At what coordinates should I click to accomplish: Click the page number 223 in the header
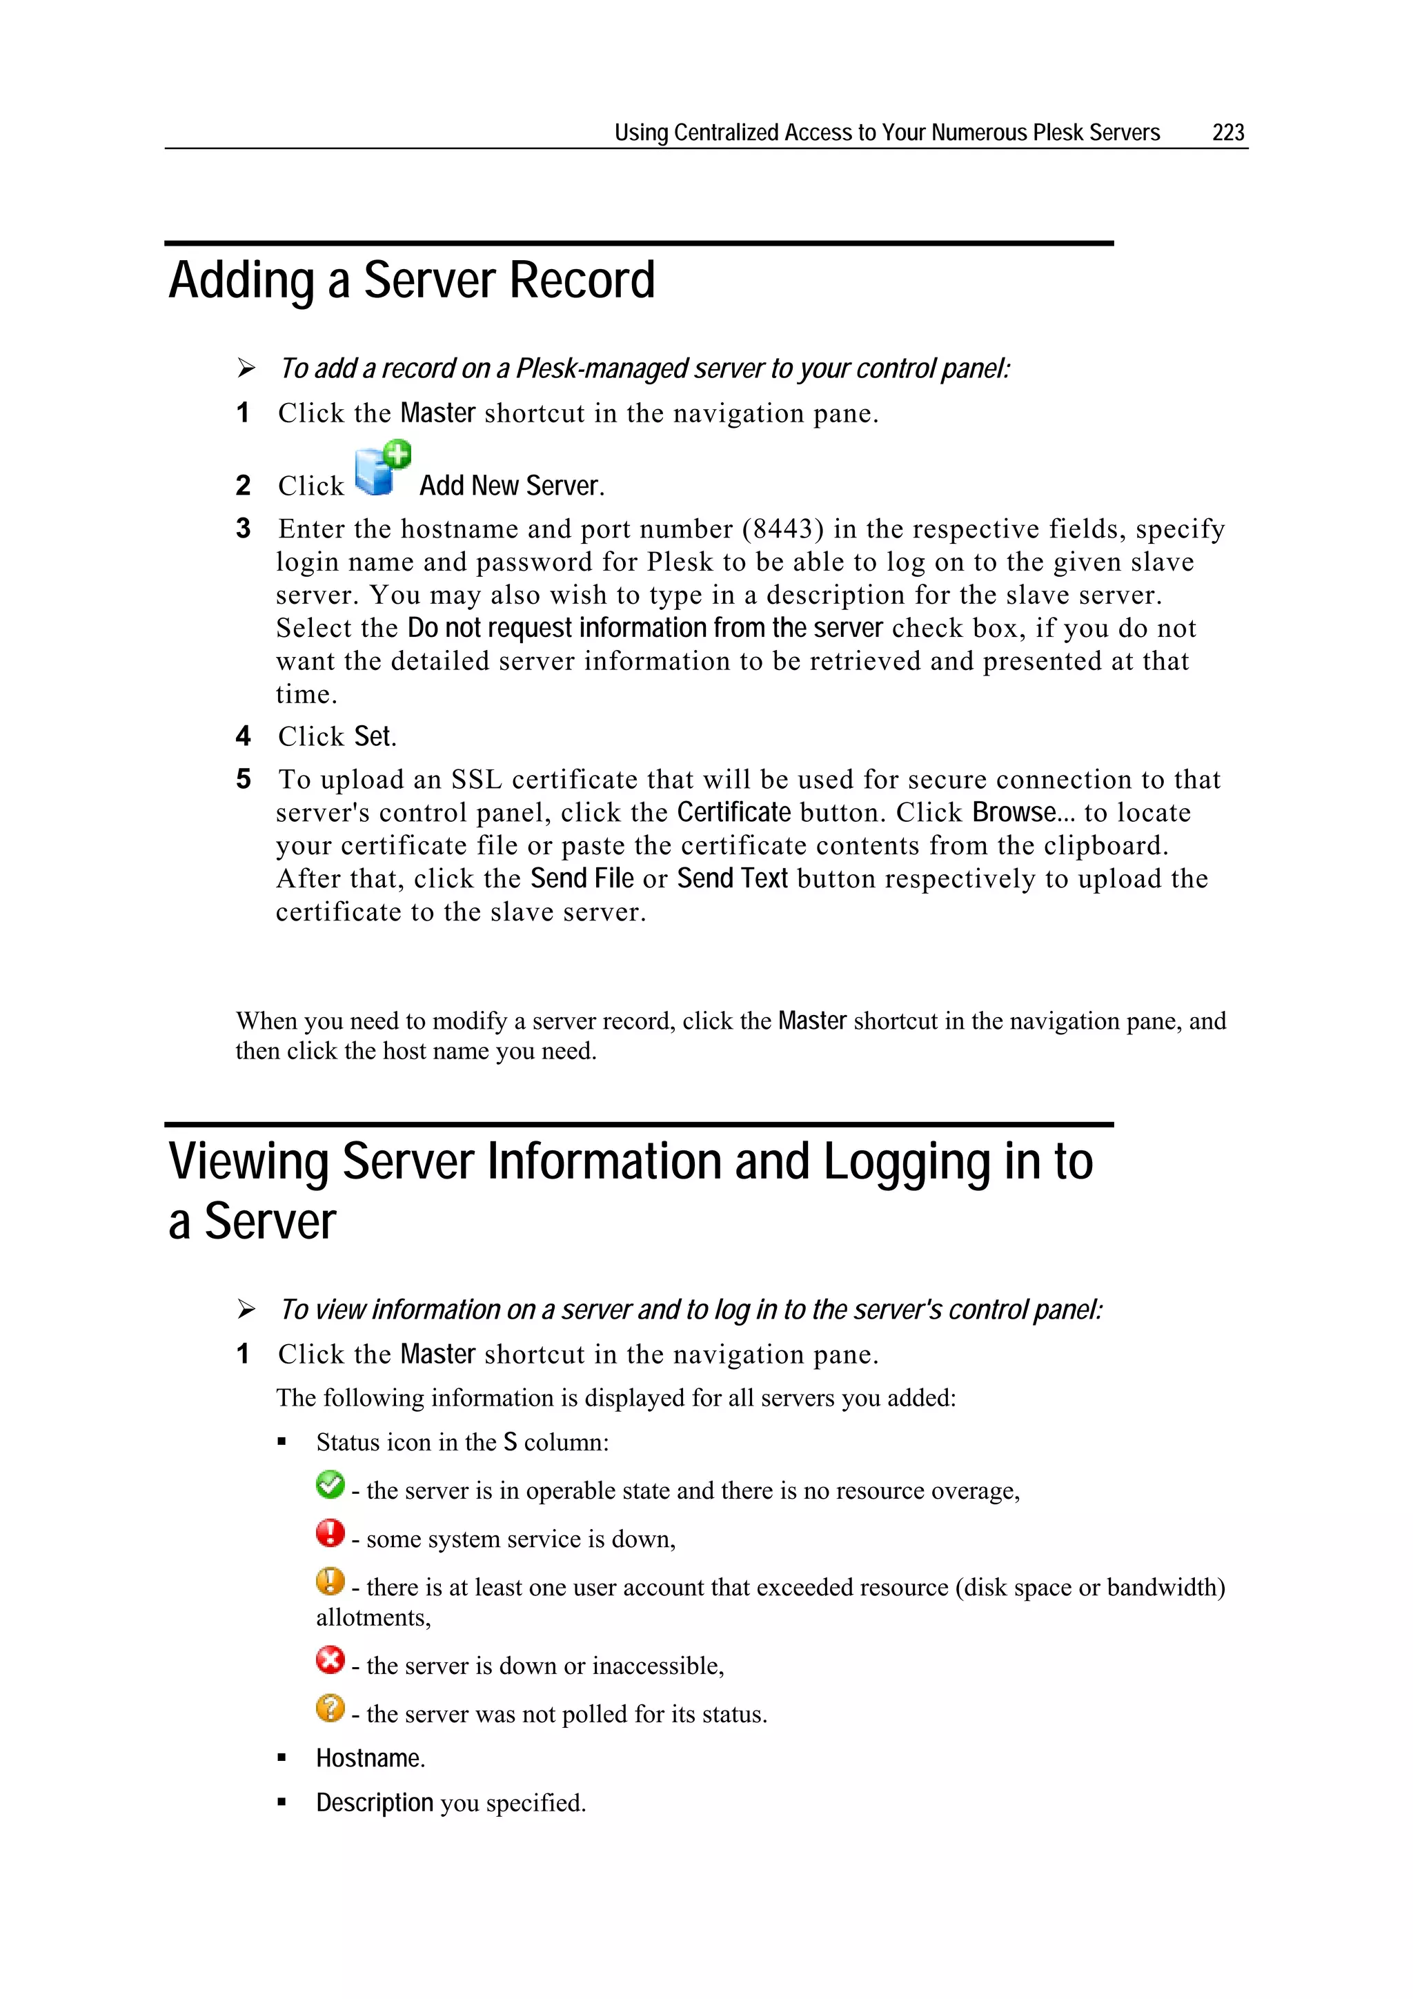[x=1227, y=132]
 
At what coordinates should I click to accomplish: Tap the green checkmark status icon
[x=330, y=1484]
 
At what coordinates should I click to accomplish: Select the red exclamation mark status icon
[x=330, y=1533]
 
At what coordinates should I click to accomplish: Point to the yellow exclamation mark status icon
[x=330, y=1581]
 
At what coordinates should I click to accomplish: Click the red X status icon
[x=330, y=1660]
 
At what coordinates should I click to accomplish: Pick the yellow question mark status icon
[x=330, y=1707]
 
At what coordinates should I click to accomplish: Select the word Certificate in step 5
[x=734, y=812]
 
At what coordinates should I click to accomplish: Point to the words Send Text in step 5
[x=732, y=878]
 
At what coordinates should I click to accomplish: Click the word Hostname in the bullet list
[x=368, y=1757]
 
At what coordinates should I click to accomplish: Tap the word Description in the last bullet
[x=375, y=1802]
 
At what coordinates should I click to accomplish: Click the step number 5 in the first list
[x=244, y=779]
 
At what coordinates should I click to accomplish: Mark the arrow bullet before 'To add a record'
[x=246, y=369]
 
